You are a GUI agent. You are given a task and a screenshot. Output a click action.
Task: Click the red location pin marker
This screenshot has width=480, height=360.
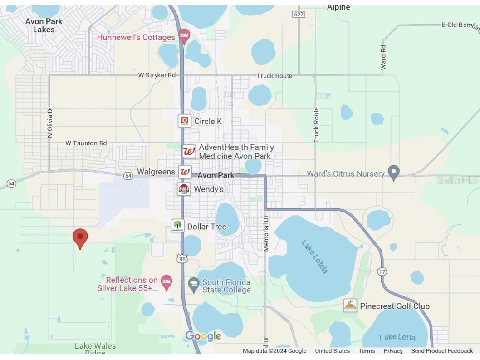pyautogui.click(x=80, y=237)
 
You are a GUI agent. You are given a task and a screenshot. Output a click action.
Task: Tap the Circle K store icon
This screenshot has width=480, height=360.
pyautogui.click(x=185, y=121)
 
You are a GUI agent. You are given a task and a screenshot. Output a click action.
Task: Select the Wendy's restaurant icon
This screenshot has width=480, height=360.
pyautogui.click(x=184, y=189)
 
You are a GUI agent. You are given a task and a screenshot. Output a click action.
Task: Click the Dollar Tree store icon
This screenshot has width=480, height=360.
pyautogui.click(x=177, y=226)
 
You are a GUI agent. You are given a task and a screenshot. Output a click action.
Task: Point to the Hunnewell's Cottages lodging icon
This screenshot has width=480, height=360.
pyautogui.click(x=184, y=36)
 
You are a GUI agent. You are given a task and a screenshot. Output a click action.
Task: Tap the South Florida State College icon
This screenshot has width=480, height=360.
pyautogui.click(x=194, y=285)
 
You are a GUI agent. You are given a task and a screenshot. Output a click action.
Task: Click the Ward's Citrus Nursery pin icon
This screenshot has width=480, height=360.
pyautogui.click(x=393, y=173)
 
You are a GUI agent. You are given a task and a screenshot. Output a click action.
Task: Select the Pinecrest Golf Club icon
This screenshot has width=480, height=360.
pyautogui.click(x=350, y=306)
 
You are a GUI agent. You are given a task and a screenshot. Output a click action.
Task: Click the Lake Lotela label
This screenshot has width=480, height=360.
pyautogui.click(x=314, y=256)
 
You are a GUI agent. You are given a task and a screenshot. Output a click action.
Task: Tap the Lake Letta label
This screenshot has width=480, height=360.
pyautogui.click(x=397, y=337)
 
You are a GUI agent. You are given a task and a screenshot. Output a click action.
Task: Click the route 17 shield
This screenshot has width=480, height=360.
pyautogui.click(x=382, y=271)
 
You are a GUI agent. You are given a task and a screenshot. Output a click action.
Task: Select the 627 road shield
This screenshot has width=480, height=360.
pyautogui.click(x=299, y=15)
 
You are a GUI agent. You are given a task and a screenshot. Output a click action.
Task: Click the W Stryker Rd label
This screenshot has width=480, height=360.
pyautogui.click(x=157, y=75)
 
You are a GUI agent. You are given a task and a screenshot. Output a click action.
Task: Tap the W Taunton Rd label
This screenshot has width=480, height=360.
pyautogui.click(x=86, y=143)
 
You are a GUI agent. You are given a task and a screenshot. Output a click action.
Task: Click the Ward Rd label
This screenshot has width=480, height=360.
pyautogui.click(x=383, y=58)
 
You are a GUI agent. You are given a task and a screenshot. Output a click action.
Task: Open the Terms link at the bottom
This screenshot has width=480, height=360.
pyautogui.click(x=367, y=351)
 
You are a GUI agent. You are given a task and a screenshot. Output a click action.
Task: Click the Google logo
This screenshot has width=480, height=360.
pyautogui.click(x=203, y=336)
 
